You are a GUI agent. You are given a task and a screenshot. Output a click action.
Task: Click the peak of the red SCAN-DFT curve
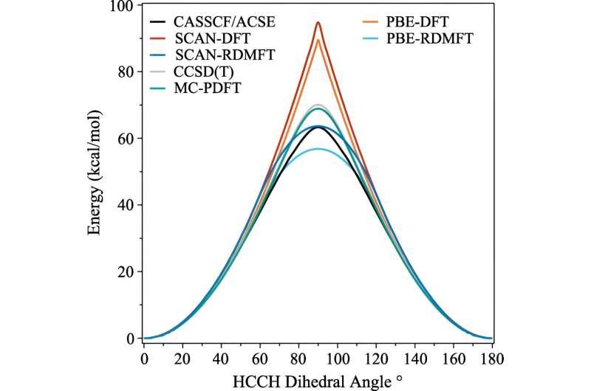click(318, 22)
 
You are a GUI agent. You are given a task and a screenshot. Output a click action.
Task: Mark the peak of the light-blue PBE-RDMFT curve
click(318, 149)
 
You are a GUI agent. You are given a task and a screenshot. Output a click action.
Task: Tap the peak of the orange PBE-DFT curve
click(318, 39)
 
